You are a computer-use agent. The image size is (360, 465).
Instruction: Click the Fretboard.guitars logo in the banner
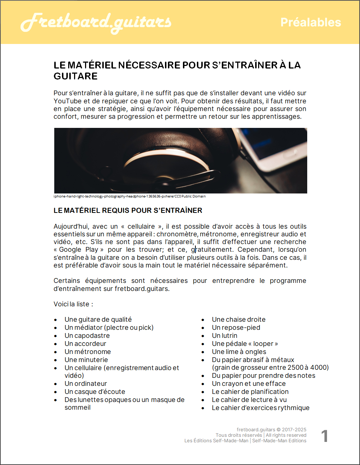pyautogui.click(x=96, y=23)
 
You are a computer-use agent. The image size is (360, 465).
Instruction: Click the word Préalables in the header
pyautogui.click(x=311, y=22)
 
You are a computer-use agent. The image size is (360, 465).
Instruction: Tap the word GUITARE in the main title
pyautogui.click(x=76, y=76)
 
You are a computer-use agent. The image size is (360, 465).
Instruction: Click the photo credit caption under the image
pyautogui.click(x=129, y=196)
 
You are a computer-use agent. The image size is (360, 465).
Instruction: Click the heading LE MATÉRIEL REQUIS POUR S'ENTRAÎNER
pyautogui.click(x=128, y=210)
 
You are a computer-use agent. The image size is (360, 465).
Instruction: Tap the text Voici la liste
pyautogui.click(x=73, y=304)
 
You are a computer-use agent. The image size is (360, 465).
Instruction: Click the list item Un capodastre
pyautogui.click(x=87, y=336)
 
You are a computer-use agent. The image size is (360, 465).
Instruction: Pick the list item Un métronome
pyautogui.click(x=88, y=352)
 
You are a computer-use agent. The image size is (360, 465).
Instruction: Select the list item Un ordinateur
pyautogui.click(x=86, y=384)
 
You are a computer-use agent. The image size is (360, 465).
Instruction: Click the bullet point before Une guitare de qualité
pyautogui.click(x=55, y=320)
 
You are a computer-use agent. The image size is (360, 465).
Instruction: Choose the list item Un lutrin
pyautogui.click(x=224, y=336)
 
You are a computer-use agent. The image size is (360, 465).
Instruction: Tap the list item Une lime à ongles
pyautogui.click(x=239, y=352)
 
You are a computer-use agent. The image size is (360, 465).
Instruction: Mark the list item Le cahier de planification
pyautogui.click(x=250, y=392)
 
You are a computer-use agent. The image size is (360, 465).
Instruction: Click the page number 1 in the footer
pyautogui.click(x=324, y=436)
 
